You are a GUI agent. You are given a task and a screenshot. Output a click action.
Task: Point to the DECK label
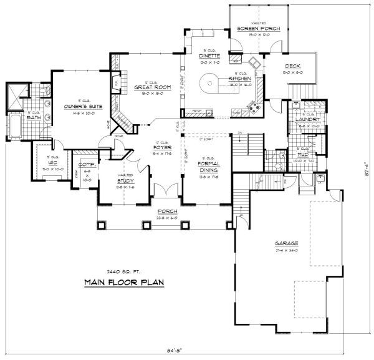294,66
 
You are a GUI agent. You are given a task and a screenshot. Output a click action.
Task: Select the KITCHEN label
240,79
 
